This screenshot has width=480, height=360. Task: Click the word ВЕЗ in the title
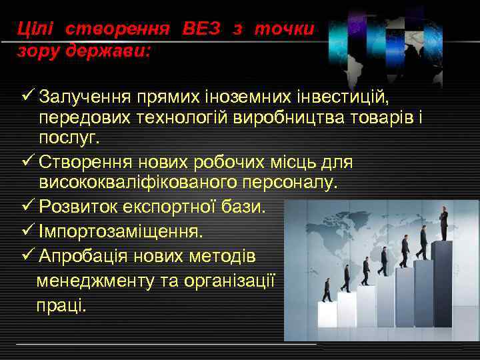click(x=201, y=29)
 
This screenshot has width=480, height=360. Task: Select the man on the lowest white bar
click(x=327, y=290)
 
